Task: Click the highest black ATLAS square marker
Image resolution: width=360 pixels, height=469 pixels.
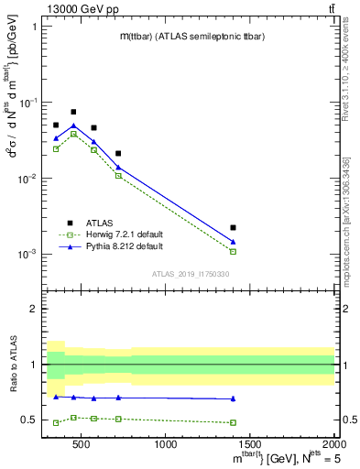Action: pos(73,112)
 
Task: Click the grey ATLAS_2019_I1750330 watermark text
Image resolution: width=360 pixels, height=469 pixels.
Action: pos(191,274)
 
